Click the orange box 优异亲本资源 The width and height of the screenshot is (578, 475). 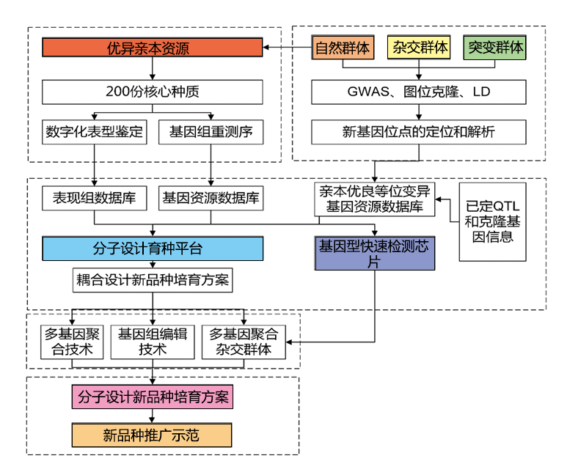tap(152, 48)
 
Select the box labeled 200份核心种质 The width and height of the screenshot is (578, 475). tap(152, 92)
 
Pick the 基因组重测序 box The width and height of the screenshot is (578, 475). tap(211, 133)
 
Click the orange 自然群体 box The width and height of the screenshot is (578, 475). tap(343, 48)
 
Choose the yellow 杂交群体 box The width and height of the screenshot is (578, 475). tap(420, 48)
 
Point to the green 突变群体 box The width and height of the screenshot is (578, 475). tap(496, 48)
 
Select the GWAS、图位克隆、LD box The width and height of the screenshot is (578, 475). tap(419, 92)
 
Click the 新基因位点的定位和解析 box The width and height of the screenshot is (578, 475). tap(419, 133)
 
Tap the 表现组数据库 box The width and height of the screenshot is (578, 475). tap(95, 198)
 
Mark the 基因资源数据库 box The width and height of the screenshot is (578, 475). tap(211, 198)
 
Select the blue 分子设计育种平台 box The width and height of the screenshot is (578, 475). tap(152, 248)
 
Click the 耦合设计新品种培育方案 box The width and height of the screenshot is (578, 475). tap(152, 280)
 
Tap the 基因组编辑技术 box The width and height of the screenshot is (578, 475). tap(153, 342)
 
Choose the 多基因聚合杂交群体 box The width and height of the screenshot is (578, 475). tap(244, 342)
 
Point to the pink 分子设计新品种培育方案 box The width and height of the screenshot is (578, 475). tap(152, 397)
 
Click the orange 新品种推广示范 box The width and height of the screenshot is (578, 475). tap(152, 435)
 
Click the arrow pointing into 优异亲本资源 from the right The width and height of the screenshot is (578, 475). tap(268, 48)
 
